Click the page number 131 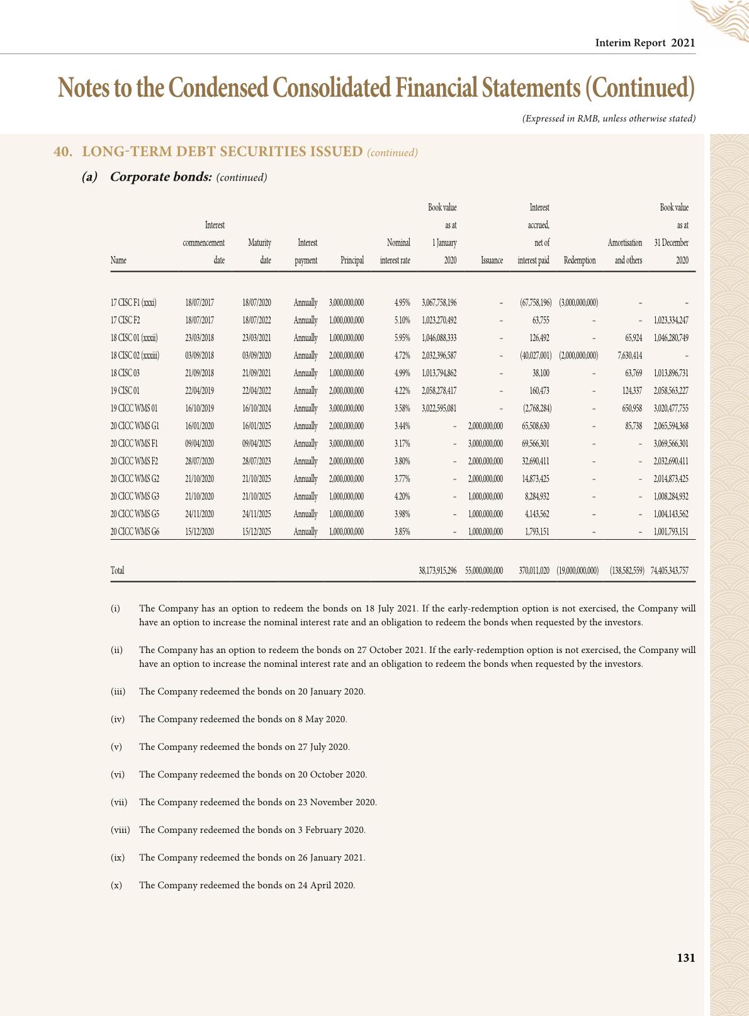click(x=685, y=957)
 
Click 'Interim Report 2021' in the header click(x=645, y=43)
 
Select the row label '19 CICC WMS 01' click(x=134, y=408)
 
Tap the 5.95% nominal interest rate click(x=402, y=338)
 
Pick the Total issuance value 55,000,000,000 click(x=484, y=571)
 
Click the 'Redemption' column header click(x=580, y=260)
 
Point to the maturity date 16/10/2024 click(x=257, y=408)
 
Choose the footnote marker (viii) click(x=120, y=830)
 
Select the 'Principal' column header click(x=352, y=260)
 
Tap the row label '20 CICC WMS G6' click(x=135, y=532)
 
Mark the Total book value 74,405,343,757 click(x=669, y=571)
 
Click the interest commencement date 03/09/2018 click(x=200, y=355)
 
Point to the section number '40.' click(x=62, y=152)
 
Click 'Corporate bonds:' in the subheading click(x=160, y=177)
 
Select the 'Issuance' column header click(x=492, y=260)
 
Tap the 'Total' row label click(x=118, y=571)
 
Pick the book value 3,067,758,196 click(x=439, y=303)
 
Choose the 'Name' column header click(x=118, y=260)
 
